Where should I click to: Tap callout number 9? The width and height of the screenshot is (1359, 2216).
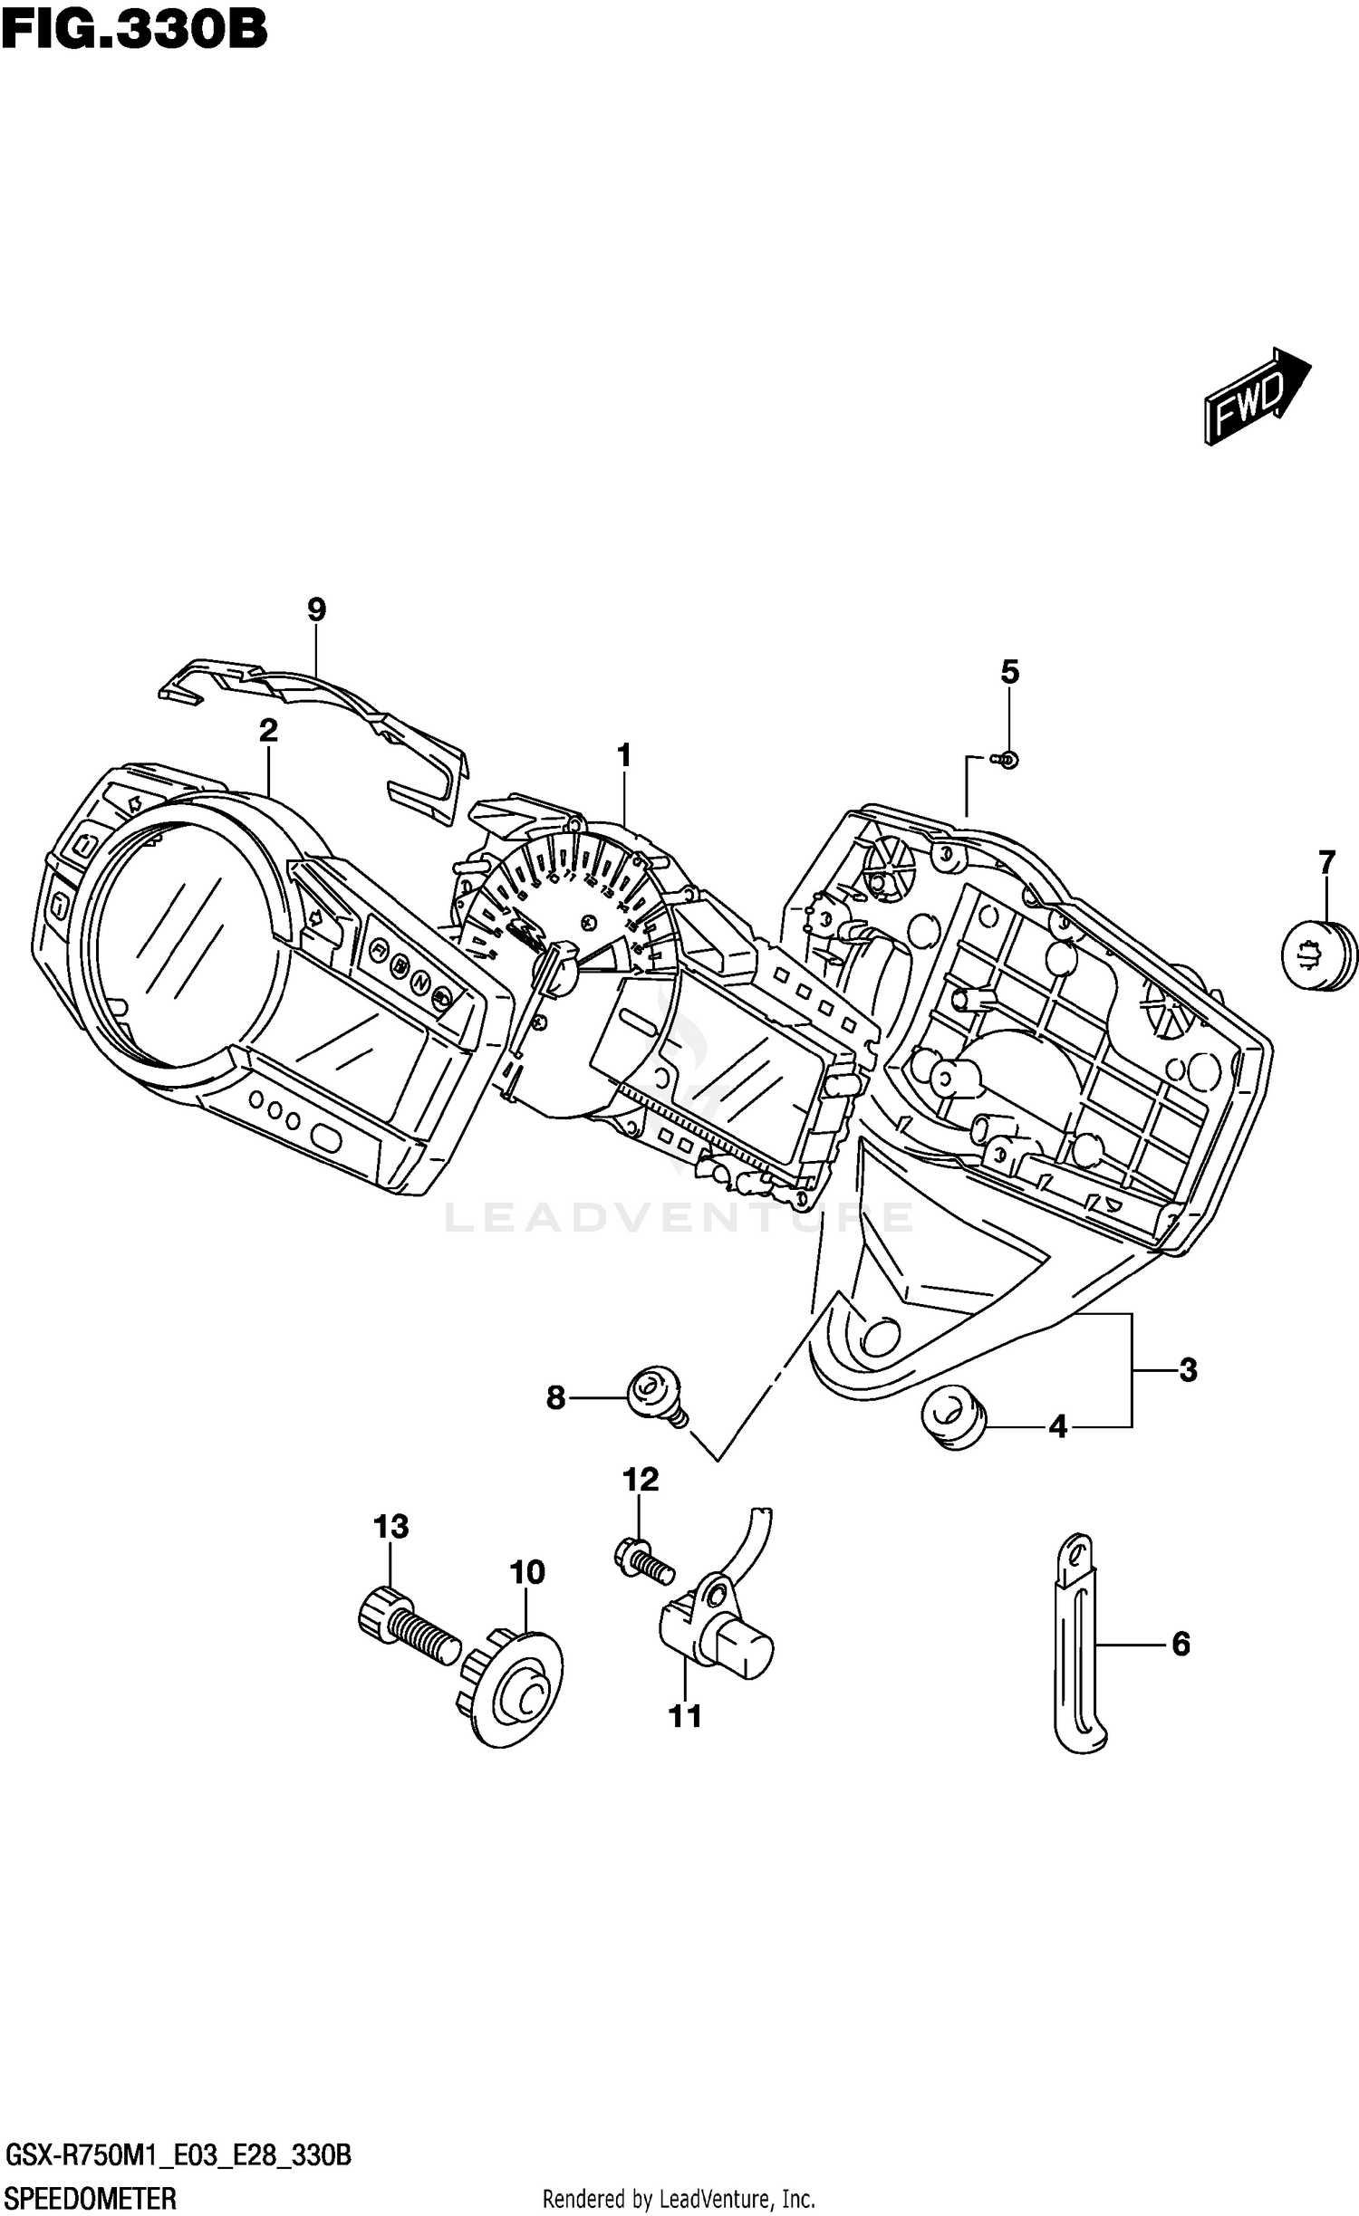pos(316,609)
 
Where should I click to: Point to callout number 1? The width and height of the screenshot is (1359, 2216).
pos(623,754)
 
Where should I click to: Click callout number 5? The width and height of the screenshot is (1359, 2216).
pos(1009,672)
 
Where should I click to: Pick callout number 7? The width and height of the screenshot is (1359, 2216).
pos(1326,863)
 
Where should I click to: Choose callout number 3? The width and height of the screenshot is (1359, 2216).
pos(1188,1370)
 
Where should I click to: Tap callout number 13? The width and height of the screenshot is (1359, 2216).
pos(391,1527)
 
